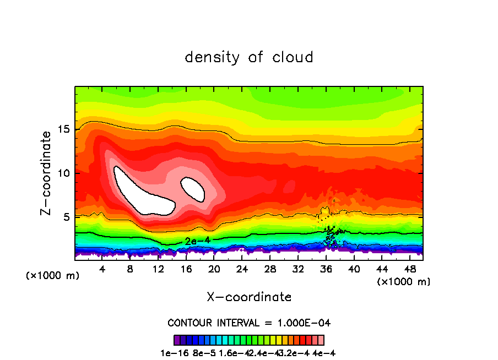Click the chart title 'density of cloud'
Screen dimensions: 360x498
(x=249, y=57)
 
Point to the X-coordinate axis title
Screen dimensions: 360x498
(x=249, y=297)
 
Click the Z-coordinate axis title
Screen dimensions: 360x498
(x=47, y=173)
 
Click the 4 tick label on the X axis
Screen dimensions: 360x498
(x=102, y=270)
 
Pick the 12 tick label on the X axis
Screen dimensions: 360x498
(x=159, y=270)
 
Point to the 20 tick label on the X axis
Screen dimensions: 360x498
(x=214, y=270)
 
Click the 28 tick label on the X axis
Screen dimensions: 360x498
(x=270, y=270)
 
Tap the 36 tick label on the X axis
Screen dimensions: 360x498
(x=326, y=270)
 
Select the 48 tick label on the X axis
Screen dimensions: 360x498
(x=409, y=270)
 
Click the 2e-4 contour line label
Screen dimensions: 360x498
(x=195, y=241)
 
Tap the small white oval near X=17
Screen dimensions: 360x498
(x=193, y=189)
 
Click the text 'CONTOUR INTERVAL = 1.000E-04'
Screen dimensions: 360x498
(x=249, y=323)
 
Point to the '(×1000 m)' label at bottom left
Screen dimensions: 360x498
(x=53, y=276)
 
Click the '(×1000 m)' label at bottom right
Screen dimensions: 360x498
(x=404, y=282)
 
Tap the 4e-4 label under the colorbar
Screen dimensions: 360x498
(x=324, y=353)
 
